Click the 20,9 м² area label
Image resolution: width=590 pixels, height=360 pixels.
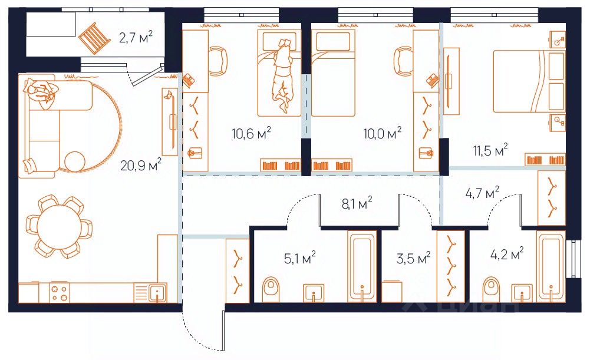point(141,164)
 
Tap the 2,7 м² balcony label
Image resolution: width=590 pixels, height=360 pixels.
point(136,37)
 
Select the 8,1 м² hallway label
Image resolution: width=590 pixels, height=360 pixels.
point(357,203)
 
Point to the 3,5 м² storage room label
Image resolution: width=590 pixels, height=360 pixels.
point(413,259)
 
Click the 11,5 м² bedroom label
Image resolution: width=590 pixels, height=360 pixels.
point(490,150)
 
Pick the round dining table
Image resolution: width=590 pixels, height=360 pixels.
point(59,226)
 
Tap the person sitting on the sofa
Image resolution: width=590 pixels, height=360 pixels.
point(41,93)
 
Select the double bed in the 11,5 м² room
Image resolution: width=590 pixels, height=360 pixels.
point(529,81)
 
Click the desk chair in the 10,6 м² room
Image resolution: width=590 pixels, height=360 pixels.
point(219,61)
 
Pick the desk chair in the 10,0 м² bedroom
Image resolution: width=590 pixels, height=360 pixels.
point(403,61)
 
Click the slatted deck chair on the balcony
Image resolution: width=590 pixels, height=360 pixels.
point(94,38)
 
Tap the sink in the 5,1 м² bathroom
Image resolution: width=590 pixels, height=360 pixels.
point(314,293)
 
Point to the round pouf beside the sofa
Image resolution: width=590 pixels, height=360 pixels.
point(75,162)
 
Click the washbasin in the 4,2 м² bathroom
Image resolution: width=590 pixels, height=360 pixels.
point(522,293)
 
